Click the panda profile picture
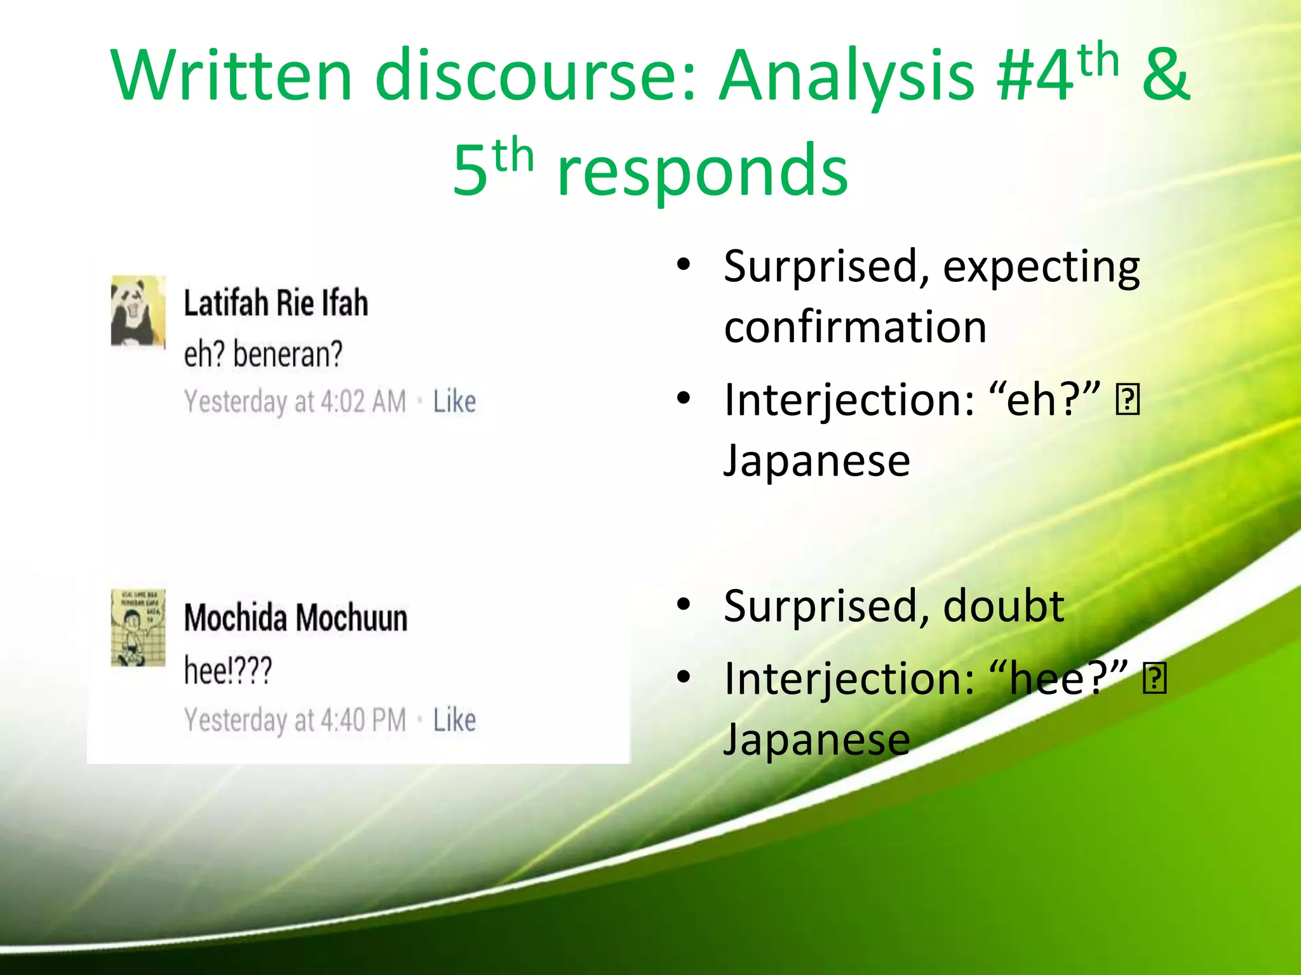[x=138, y=311]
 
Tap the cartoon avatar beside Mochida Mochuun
[x=138, y=627]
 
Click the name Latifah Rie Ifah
[x=276, y=303]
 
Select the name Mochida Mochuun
[x=295, y=618]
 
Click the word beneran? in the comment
[x=288, y=354]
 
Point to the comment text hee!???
[x=228, y=670]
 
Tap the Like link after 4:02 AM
[x=454, y=401]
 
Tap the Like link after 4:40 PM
[x=454, y=720]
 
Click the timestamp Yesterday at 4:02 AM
[x=295, y=402]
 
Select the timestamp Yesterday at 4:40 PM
[x=295, y=720]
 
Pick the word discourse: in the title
[x=536, y=76]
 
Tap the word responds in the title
[x=702, y=170]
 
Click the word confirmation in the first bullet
[x=855, y=327]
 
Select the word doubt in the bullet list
[x=1004, y=606]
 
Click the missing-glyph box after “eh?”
[x=1128, y=400]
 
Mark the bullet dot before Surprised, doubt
[x=684, y=605]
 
